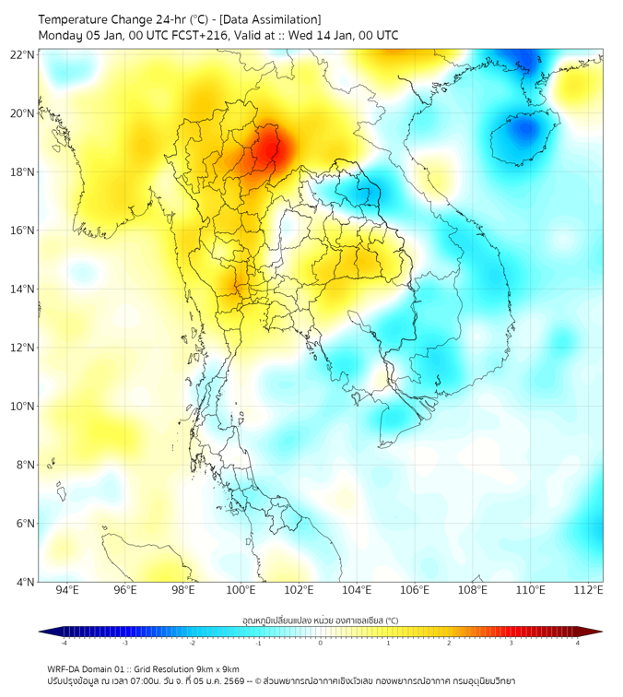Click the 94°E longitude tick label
coord(67,590)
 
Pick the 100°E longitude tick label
coord(241,590)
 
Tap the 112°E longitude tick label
coord(588,590)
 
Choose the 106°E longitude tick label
coord(415,590)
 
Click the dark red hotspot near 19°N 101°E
coord(268,148)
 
